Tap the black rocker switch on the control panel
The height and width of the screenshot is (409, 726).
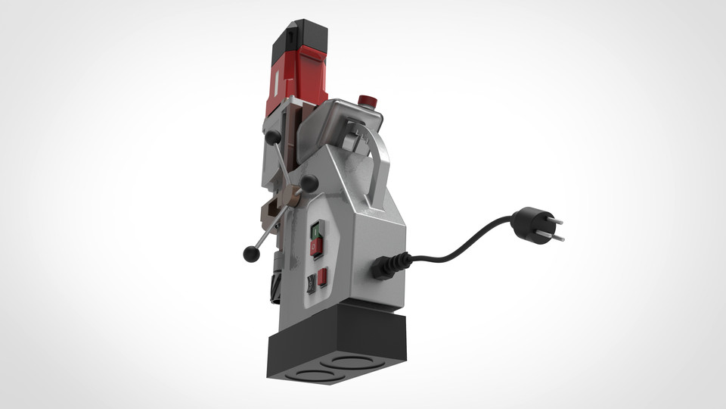click(310, 283)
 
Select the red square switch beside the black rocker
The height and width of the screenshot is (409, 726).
click(322, 277)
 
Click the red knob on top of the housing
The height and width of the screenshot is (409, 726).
click(367, 101)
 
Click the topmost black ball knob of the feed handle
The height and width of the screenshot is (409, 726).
click(273, 136)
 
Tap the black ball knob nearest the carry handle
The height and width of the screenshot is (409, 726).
click(309, 183)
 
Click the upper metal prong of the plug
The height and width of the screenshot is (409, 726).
click(554, 221)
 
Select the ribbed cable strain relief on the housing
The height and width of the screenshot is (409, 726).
click(390, 266)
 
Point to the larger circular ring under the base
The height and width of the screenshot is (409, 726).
click(348, 361)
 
